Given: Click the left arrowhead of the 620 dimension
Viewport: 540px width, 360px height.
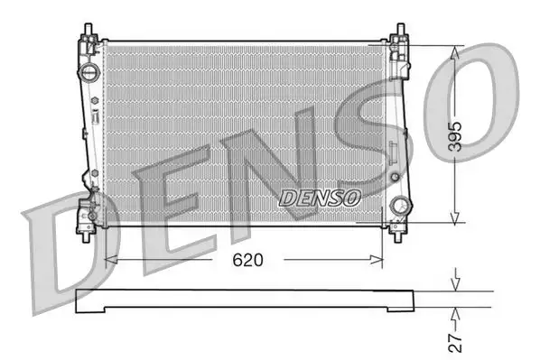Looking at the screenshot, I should pyautogui.click(x=111, y=261).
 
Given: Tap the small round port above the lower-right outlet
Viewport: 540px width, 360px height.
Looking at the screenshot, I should pyautogui.click(x=394, y=175).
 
